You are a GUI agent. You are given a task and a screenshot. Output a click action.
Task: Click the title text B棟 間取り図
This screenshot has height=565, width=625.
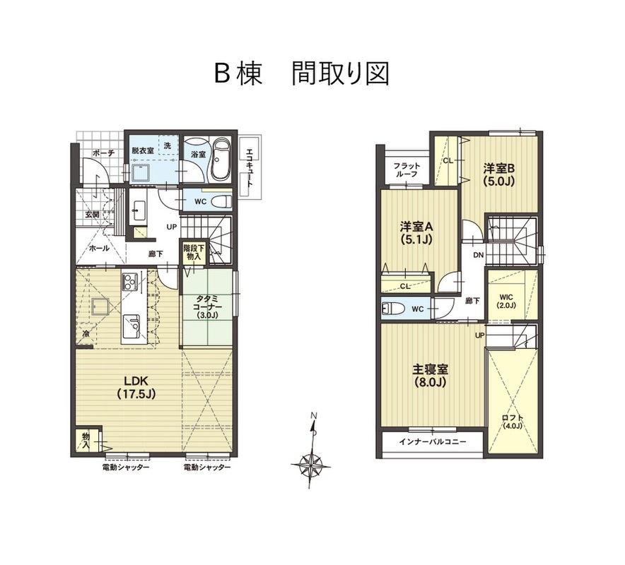(302, 73)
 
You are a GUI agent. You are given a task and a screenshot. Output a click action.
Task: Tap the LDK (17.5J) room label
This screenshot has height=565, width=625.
(136, 386)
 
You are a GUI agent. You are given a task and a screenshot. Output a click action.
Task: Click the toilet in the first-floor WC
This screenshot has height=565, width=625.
(221, 201)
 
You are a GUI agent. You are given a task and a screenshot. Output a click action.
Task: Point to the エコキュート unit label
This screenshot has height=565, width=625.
(250, 167)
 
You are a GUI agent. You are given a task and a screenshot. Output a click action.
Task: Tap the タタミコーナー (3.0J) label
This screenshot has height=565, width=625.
(206, 307)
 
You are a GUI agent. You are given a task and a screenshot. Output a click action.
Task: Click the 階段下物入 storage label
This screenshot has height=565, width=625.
(194, 252)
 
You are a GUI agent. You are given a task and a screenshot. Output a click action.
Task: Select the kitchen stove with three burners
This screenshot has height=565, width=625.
(130, 282)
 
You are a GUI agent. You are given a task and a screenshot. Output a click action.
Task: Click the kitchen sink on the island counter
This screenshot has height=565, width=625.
(131, 323)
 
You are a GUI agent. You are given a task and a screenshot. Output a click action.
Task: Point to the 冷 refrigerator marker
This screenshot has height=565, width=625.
(86, 333)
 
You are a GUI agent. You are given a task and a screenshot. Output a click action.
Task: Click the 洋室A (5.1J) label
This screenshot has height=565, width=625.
(416, 232)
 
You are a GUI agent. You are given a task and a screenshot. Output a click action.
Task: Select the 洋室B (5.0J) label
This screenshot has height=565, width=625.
(499, 174)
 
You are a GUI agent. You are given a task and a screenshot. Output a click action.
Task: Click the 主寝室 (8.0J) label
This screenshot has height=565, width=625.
(430, 376)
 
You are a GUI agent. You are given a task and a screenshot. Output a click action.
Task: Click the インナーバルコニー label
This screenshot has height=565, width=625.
(433, 441)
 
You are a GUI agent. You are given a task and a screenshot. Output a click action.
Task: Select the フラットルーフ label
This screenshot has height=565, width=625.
(406, 169)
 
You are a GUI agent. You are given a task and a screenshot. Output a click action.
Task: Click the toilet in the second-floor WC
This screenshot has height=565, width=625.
(392, 309)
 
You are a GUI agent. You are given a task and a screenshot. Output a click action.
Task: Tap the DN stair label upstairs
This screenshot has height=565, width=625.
(479, 255)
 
